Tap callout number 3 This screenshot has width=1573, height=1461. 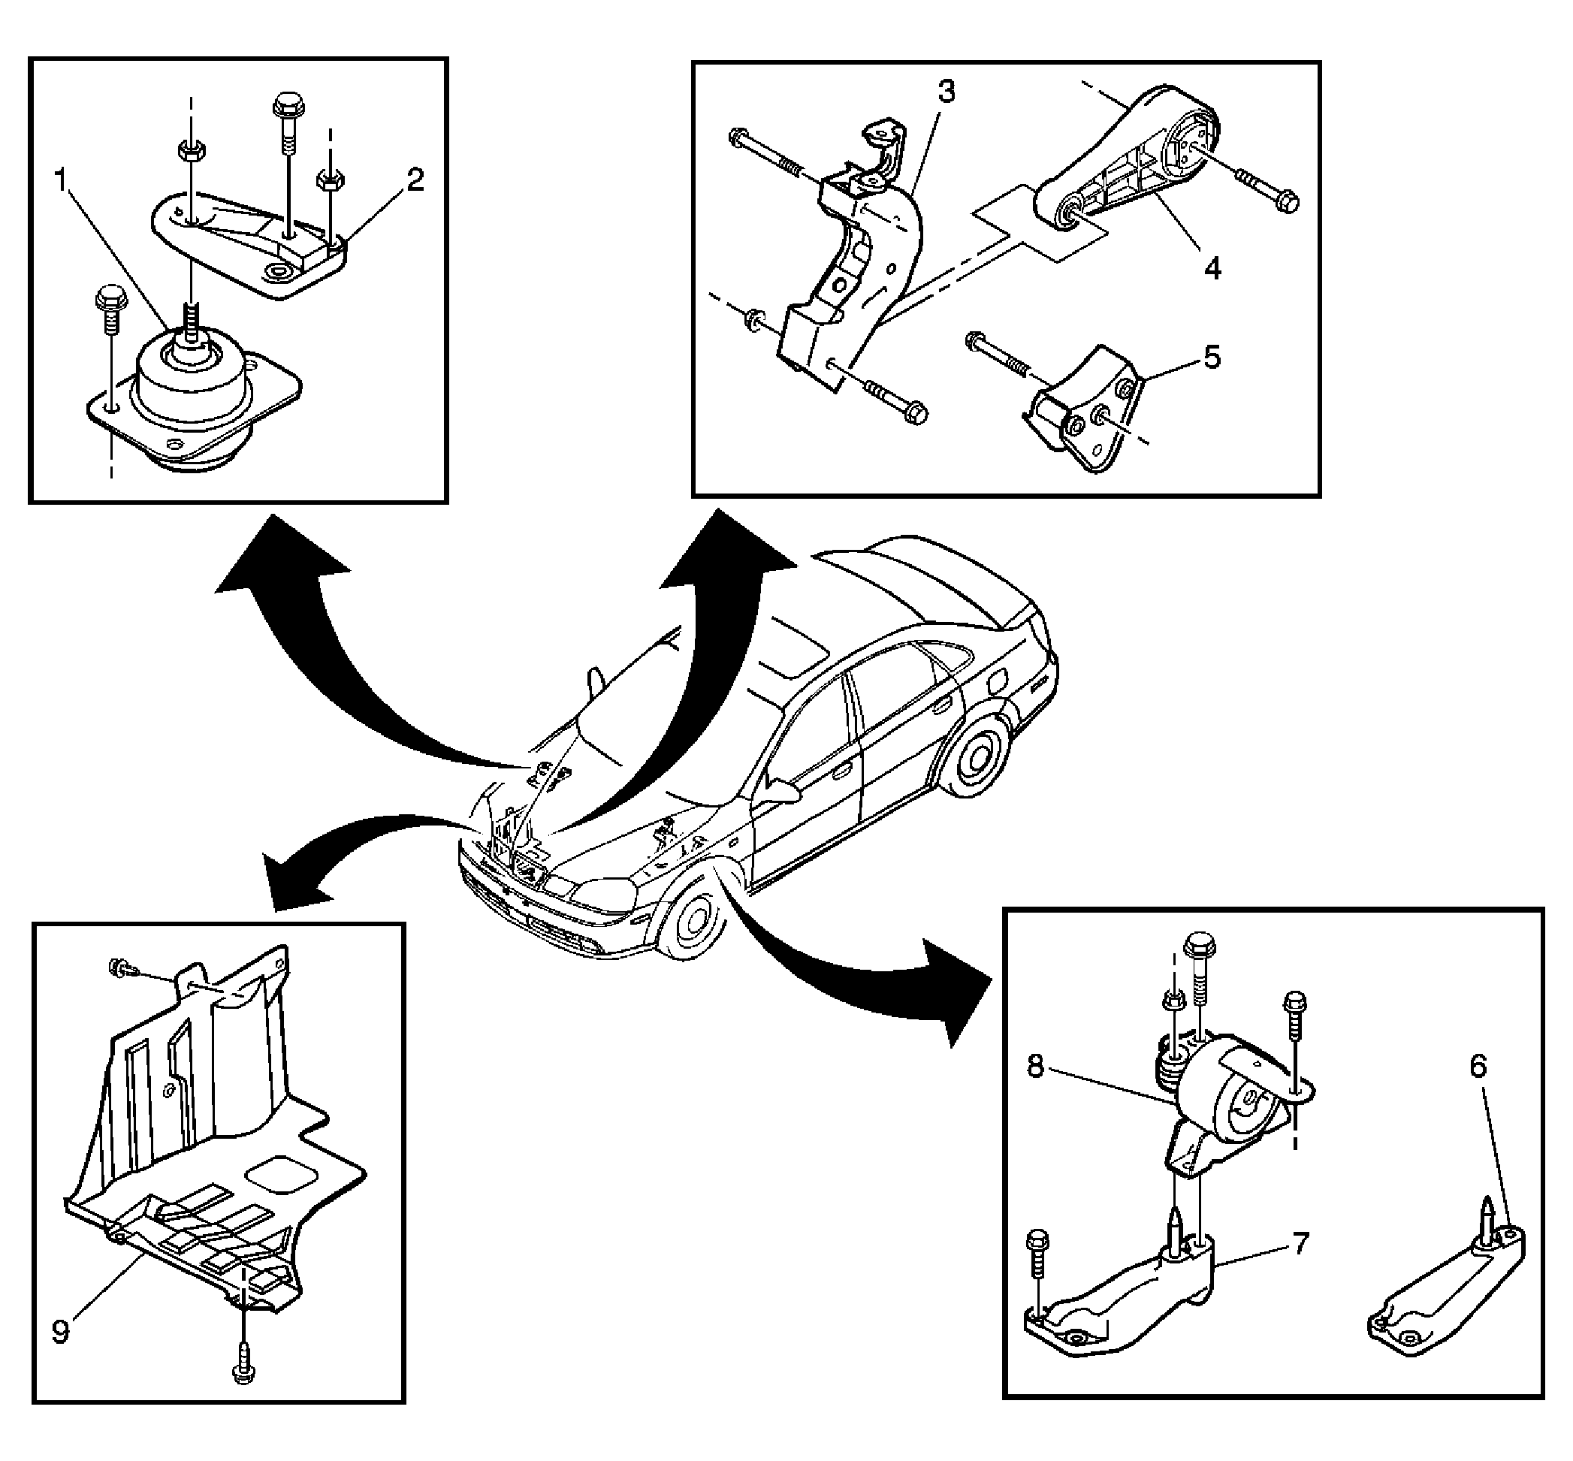pyautogui.click(x=947, y=92)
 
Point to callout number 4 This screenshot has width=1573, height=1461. pyautogui.click(x=1212, y=268)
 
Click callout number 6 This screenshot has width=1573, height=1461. pyautogui.click(x=1478, y=1067)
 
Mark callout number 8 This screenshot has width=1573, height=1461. pyautogui.click(x=1035, y=1067)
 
